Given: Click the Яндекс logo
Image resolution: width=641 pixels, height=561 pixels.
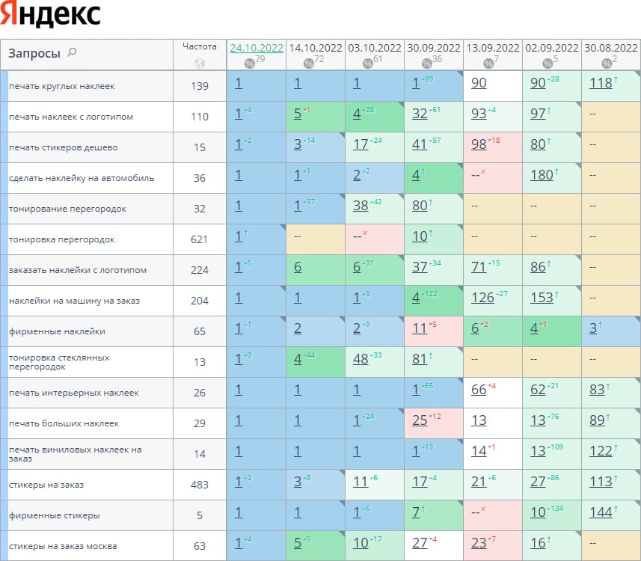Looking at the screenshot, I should [51, 15].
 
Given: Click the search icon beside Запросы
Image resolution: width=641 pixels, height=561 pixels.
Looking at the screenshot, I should [72, 53].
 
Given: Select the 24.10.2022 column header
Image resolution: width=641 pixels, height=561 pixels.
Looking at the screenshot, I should [257, 48].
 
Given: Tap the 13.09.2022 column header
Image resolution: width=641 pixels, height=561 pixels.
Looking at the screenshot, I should [493, 48].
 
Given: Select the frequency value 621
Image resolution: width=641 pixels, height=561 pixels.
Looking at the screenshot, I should [200, 239].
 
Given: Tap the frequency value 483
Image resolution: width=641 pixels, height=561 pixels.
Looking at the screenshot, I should [200, 485].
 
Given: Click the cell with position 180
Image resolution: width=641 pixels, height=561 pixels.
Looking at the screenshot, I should [542, 175].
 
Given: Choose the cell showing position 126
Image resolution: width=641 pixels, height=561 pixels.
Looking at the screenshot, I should [482, 298].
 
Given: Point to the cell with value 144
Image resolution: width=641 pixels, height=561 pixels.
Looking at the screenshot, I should [601, 512].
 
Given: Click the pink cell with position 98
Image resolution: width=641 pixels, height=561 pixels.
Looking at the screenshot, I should [479, 144].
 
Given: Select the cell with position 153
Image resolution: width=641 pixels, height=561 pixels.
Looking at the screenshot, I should [542, 298].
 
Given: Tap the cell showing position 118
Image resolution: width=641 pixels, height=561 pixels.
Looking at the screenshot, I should [601, 83].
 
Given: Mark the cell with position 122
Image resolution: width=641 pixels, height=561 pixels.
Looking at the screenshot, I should [601, 451].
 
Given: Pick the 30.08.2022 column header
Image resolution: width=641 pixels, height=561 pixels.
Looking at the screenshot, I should [611, 48].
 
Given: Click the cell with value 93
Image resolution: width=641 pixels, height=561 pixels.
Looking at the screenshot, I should [479, 114].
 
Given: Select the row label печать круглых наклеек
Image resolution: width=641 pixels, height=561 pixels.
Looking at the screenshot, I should [61, 86].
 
